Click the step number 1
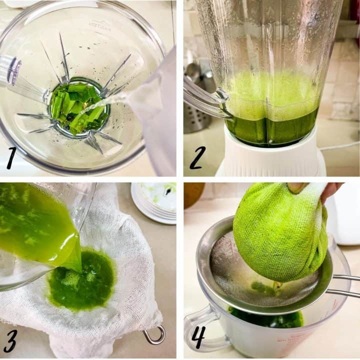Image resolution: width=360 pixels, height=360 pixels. (x=11, y=158)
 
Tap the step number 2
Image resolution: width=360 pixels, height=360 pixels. (x=197, y=157)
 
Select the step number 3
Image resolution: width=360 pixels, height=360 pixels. (x=11, y=341)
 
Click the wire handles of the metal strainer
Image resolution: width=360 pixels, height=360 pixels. (x=345, y=285)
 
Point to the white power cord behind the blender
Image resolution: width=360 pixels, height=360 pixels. (x=340, y=146)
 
